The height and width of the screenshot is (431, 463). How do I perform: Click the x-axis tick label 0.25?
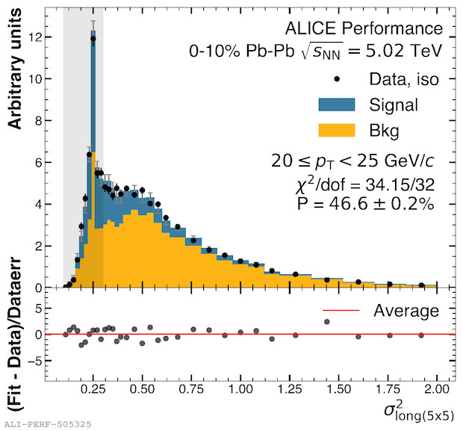pos(93,390)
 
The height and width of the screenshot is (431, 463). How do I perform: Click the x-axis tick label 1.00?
pos(240,390)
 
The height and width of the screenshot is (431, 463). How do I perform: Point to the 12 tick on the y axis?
pos(46,37)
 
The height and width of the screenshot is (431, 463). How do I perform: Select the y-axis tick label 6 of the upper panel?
pos(49,163)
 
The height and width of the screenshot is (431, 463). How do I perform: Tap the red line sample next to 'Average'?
pos(341,310)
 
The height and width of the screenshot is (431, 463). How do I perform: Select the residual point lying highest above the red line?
pos(326,322)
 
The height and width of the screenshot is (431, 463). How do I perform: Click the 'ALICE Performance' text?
pos(364,29)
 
